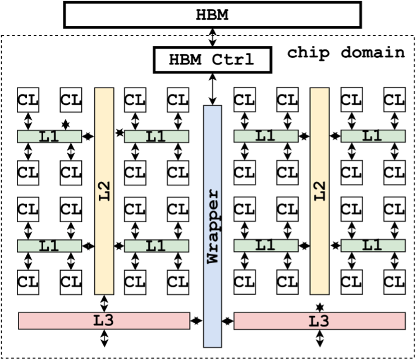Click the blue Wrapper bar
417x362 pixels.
pyautogui.click(x=212, y=303)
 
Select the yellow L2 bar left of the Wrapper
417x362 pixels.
pyautogui.click(x=104, y=247)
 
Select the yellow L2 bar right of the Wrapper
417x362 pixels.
pyautogui.click(x=319, y=247)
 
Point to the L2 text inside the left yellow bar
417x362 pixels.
pyautogui.click(x=104, y=191)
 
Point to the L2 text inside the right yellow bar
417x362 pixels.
pyautogui.click(x=320, y=191)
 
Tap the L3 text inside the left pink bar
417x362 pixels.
pyautogui.click(x=103, y=321)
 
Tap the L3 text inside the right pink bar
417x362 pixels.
pyautogui.click(x=319, y=322)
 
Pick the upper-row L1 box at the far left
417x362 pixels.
pyautogui.click(x=49, y=136)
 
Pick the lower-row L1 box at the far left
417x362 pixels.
pyautogui.click(x=49, y=246)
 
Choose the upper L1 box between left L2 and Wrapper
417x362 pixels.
pyautogui.click(x=156, y=136)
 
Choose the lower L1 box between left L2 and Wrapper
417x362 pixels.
pyautogui.click(x=156, y=246)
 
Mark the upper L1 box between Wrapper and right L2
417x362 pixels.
pyautogui.click(x=265, y=136)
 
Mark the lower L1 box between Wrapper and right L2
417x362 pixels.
pyautogui.click(x=265, y=245)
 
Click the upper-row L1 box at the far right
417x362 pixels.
pyautogui.click(x=373, y=136)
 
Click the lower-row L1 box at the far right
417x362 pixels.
pyautogui.click(x=373, y=245)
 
